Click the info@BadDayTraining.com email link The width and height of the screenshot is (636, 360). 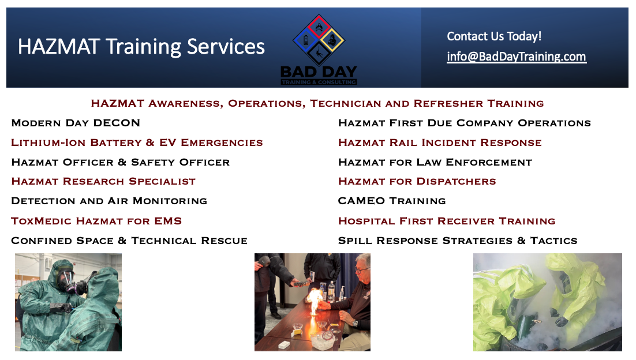(517, 57)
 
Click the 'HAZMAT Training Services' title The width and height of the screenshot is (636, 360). (141, 47)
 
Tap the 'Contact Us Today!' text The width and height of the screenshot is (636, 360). (494, 36)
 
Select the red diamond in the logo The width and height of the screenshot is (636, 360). (319, 27)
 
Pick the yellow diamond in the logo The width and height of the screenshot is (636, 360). (332, 40)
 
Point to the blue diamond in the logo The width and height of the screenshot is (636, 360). (306, 40)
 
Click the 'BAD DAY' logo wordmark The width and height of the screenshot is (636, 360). (319, 72)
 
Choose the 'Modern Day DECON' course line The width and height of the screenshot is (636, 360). (76, 123)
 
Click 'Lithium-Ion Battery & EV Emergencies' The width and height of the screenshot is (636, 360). (137, 142)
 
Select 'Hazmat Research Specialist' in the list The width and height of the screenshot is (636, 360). (103, 181)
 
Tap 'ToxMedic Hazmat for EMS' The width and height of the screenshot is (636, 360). (96, 221)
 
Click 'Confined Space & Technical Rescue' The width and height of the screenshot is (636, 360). (129, 241)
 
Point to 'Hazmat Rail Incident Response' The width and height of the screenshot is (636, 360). (440, 142)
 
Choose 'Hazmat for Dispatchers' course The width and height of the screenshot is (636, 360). (417, 181)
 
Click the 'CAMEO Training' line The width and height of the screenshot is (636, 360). (392, 201)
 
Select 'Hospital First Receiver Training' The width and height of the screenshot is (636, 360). (447, 221)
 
